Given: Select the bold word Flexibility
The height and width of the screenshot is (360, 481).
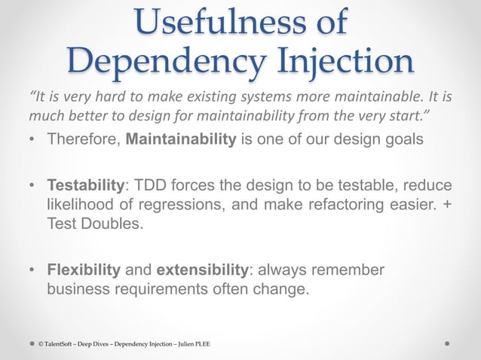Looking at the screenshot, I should click(x=84, y=270).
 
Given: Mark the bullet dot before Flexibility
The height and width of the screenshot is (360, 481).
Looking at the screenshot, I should click(x=32, y=270).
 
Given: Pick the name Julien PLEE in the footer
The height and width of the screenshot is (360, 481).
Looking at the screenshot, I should click(x=193, y=344).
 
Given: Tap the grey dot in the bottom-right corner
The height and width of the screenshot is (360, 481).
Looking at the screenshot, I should click(x=448, y=343).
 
